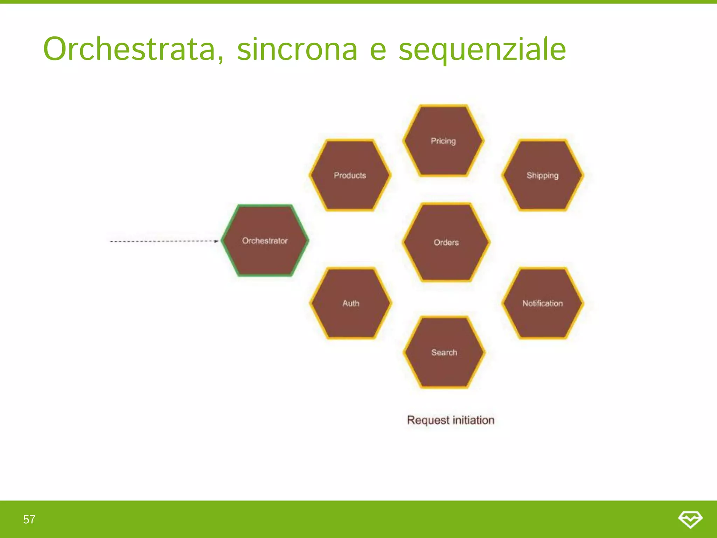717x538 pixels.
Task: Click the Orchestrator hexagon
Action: pyautogui.click(x=265, y=241)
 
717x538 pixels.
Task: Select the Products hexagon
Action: pyautogui.click(x=350, y=175)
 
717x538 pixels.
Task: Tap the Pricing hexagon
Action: pyautogui.click(x=443, y=141)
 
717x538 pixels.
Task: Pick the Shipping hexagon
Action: pyautogui.click(x=543, y=175)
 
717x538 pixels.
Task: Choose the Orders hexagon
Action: pyautogui.click(x=446, y=242)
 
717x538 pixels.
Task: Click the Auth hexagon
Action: pyautogui.click(x=351, y=303)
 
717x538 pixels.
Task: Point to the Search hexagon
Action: pyautogui.click(x=444, y=352)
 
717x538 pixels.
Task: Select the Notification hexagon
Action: pyautogui.click(x=543, y=303)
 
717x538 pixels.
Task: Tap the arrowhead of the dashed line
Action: pyautogui.click(x=217, y=241)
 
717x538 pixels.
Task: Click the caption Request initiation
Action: pyautogui.click(x=451, y=420)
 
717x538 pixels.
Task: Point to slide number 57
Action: pyautogui.click(x=29, y=519)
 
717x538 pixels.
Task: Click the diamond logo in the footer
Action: pyautogui.click(x=690, y=519)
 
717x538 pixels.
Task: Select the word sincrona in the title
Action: pyautogui.click(x=297, y=49)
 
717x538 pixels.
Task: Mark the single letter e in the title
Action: pyautogui.click(x=378, y=51)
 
